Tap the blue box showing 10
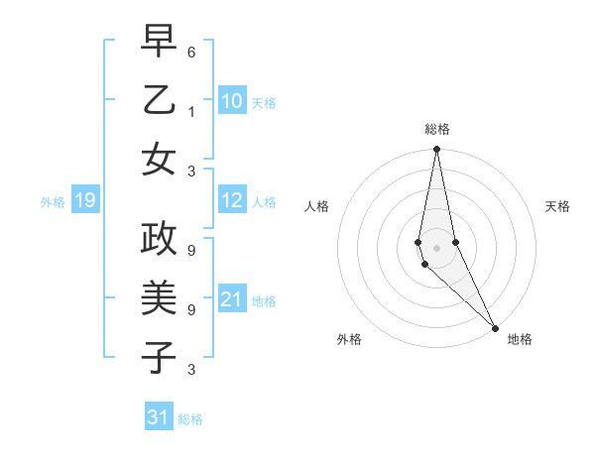coord(231,101)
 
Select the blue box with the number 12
coord(231,200)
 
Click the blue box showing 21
coord(231,299)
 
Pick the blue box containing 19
coord(84,201)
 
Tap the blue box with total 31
coord(159,417)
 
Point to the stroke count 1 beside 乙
coord(191,111)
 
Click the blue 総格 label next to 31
coord(190,419)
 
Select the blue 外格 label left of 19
coord(53,202)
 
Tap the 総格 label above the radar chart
coord(437,129)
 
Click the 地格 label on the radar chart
coord(520,339)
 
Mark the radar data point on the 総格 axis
coord(436,151)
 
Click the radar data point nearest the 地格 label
coord(494,327)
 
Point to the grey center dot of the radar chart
coord(436,248)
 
